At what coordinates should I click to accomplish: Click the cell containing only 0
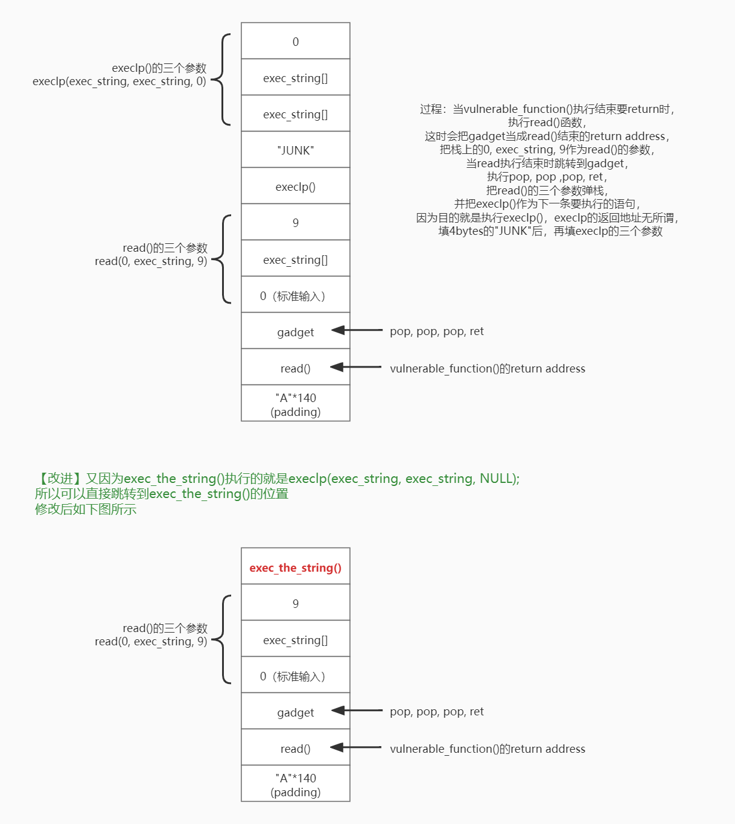tap(295, 41)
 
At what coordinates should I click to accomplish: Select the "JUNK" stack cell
tap(295, 150)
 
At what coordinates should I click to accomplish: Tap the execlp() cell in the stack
tap(295, 187)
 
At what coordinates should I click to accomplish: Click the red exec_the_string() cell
tap(295, 567)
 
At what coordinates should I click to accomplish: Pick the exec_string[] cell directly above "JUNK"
tap(295, 114)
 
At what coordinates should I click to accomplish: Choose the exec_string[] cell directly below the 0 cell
tap(295, 78)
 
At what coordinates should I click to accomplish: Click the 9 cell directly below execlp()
tap(295, 223)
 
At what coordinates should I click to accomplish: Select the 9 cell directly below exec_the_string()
tap(295, 603)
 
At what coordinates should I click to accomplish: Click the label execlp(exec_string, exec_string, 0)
tap(119, 81)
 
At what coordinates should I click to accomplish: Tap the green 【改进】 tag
tap(58, 479)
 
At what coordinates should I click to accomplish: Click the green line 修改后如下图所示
tap(86, 509)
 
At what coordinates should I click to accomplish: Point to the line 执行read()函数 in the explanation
tap(547, 123)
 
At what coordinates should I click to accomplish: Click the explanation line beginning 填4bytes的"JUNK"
tap(550, 231)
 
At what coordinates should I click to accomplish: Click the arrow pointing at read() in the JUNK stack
tap(356, 367)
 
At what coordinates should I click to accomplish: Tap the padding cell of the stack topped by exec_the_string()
tap(295, 785)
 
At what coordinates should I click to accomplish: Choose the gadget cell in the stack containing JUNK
tap(295, 332)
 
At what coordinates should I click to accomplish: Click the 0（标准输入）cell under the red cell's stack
tap(295, 676)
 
